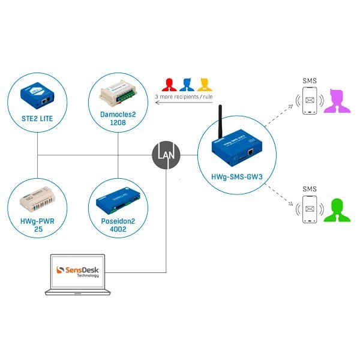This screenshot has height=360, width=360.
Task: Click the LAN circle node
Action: [165, 155]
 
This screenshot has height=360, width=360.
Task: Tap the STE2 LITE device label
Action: [37, 119]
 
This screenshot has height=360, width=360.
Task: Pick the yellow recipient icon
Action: [205, 83]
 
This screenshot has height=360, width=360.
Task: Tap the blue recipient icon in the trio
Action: [187, 83]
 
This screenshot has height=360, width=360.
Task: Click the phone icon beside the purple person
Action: [310, 101]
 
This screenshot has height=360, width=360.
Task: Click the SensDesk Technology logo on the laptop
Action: [78, 271]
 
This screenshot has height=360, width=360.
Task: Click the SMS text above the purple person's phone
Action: [310, 80]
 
